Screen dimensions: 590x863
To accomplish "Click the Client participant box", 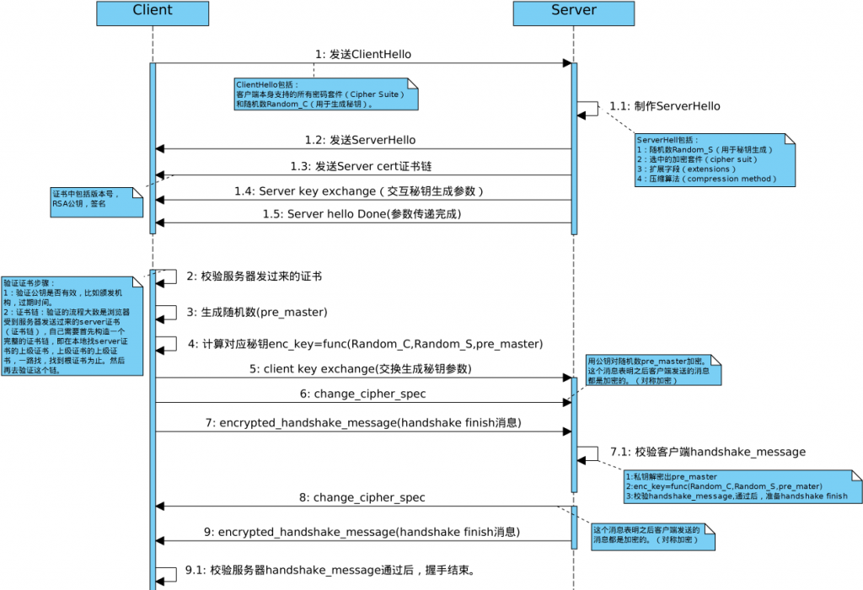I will coord(153,12).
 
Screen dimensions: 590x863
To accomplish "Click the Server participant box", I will coord(574,12).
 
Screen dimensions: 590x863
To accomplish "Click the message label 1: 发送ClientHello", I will coord(363,54).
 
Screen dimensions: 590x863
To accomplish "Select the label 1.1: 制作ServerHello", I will coord(665,106).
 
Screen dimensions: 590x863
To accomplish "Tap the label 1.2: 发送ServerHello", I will coord(360,140).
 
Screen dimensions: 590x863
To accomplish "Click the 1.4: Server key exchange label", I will coord(359,191).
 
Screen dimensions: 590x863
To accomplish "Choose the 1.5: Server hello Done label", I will coord(362,214).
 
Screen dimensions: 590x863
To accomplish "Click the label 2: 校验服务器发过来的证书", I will coord(255,276).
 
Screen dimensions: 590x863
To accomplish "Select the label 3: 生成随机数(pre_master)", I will coord(257,312).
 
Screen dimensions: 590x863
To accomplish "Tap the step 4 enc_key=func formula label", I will coord(366,344).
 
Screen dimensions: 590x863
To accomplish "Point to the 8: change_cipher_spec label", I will coord(362,497).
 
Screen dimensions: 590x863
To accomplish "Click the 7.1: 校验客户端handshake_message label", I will coord(708,452).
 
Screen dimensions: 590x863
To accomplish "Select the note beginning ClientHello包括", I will coord(327,94).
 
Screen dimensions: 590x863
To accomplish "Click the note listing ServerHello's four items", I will coord(715,158).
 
